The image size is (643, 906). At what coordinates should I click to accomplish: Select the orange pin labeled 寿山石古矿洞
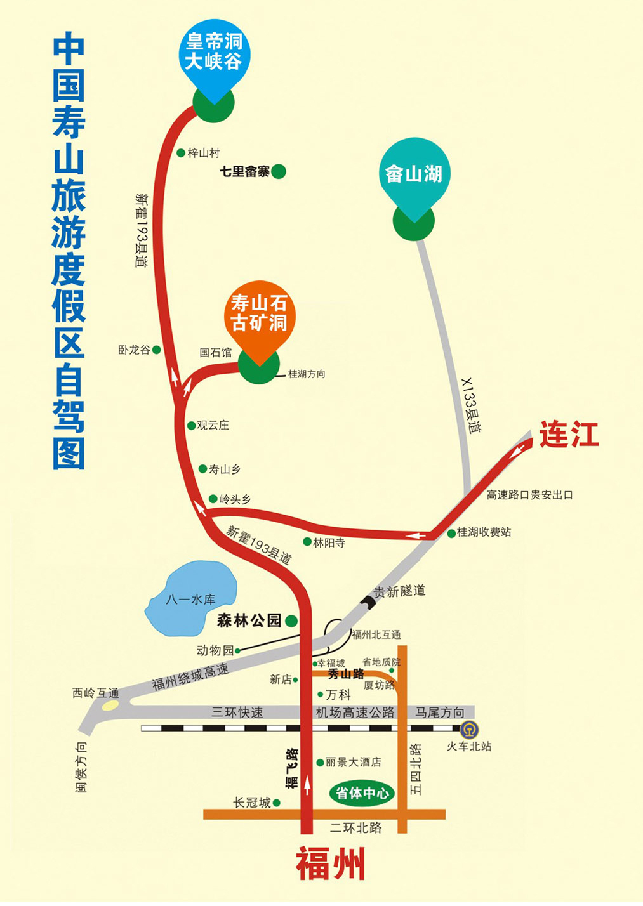pos(259,313)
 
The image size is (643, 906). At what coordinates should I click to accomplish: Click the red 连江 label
pos(569,436)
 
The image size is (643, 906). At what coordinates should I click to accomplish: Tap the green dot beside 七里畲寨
pos(278,171)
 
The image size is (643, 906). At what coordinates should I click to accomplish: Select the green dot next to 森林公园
pos(291,621)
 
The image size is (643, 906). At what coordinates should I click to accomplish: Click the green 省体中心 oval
pos(362,793)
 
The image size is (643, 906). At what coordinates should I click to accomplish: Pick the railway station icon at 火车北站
pos(470,730)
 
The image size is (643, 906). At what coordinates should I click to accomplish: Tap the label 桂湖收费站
pos(484,532)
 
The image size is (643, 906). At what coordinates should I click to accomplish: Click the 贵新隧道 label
pos(399,591)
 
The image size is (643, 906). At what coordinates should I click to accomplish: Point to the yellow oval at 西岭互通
pos(110,706)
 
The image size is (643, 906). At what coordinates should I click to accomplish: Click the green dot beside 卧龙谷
pos(157,350)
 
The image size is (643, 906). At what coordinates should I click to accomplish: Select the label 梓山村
pos(204,153)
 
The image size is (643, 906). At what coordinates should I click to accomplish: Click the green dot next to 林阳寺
pos(307,542)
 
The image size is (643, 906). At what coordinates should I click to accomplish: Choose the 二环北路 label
pos(356,827)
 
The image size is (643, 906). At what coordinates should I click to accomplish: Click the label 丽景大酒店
pos(353,762)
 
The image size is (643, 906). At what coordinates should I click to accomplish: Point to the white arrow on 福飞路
pos(307,785)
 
